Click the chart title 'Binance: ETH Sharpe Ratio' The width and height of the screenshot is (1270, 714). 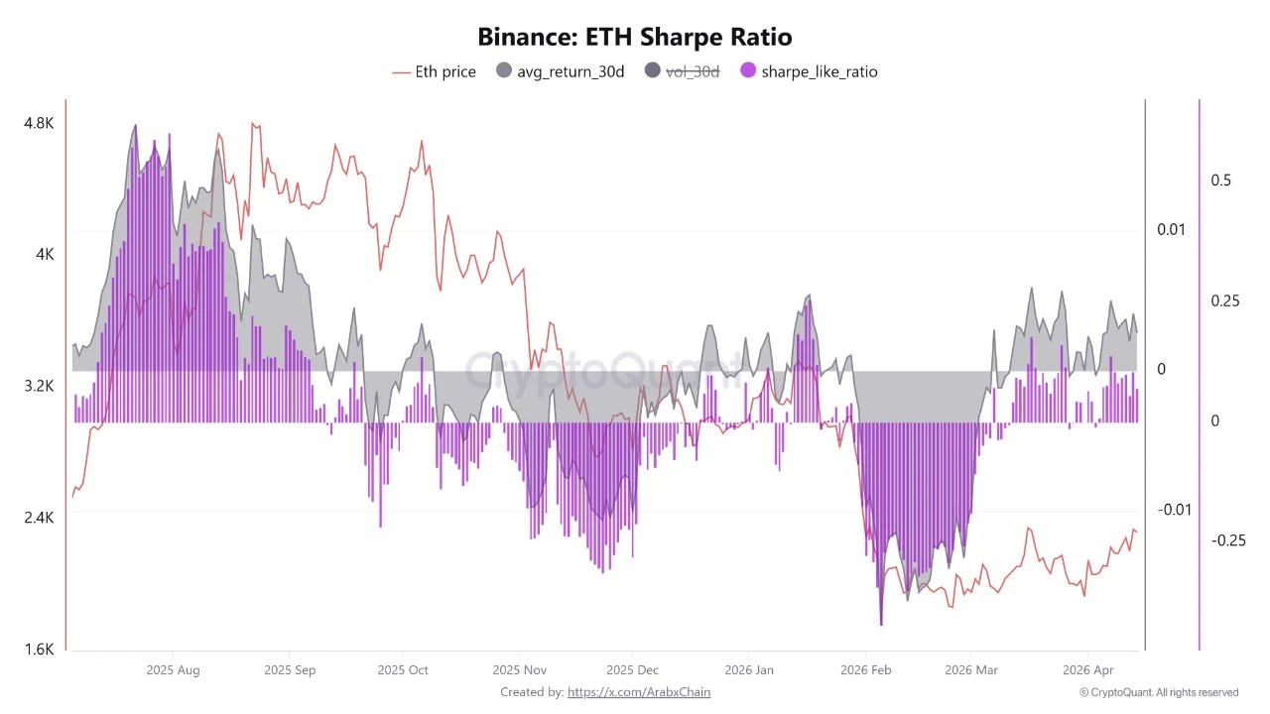tap(634, 38)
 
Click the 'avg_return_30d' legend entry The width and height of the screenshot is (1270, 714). tap(560, 71)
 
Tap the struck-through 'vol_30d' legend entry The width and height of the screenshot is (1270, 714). tap(682, 71)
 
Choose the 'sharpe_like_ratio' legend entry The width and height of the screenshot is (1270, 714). tap(809, 71)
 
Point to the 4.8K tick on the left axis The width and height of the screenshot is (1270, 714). tap(39, 123)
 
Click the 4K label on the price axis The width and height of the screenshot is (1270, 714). tap(45, 255)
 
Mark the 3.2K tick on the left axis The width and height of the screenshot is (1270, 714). tap(39, 386)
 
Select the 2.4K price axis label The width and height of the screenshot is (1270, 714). tap(39, 518)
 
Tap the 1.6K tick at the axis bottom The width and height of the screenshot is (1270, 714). tap(39, 650)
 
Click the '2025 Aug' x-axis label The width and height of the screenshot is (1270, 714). tap(173, 670)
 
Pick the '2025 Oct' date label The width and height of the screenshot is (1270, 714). tap(404, 670)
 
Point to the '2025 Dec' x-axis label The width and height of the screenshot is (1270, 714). tap(633, 670)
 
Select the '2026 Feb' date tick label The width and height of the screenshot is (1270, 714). tap(866, 670)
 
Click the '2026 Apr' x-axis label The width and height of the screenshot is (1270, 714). tap(1088, 670)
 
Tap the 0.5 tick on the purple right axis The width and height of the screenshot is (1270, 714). tap(1220, 180)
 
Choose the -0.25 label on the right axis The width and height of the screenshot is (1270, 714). tap(1228, 540)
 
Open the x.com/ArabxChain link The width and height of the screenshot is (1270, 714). tap(638, 692)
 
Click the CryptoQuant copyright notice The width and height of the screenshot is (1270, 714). tap(1158, 692)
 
